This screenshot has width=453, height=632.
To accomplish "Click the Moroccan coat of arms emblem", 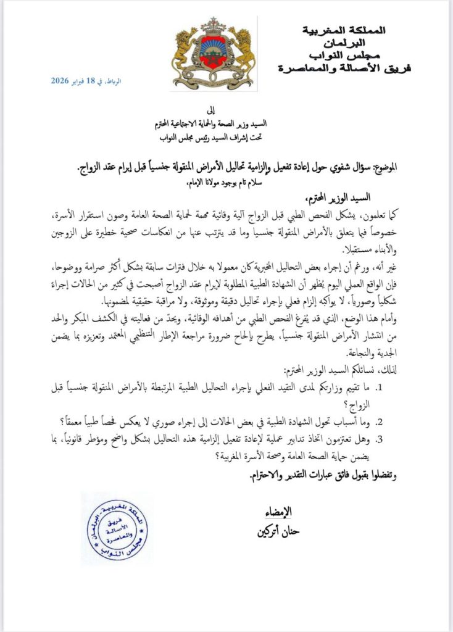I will coord(214,54).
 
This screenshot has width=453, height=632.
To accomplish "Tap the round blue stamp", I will coord(117,529).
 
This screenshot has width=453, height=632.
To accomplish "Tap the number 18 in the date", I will coord(91,81).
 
